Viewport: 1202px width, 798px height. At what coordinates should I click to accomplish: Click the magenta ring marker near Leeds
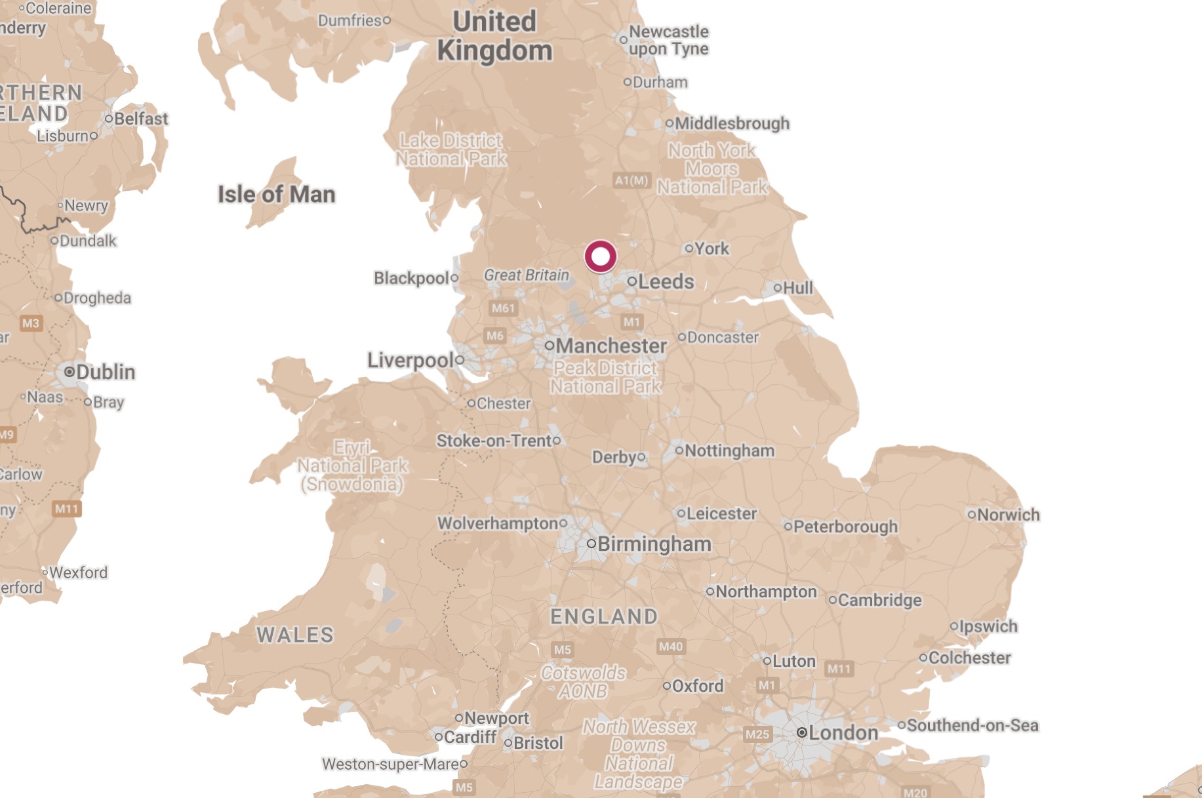click(600, 256)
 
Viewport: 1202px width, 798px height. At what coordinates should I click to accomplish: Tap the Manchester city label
click(611, 346)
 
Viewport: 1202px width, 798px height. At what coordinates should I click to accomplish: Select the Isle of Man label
click(276, 194)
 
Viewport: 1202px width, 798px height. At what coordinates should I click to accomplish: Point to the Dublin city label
click(105, 372)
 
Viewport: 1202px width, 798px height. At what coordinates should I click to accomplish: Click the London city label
click(843, 732)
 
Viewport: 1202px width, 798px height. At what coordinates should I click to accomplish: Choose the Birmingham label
click(654, 544)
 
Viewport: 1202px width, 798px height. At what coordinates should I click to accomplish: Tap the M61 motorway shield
click(503, 308)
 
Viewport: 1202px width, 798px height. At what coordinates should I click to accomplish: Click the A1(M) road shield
click(631, 180)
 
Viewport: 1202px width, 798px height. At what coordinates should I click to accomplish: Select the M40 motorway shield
click(671, 647)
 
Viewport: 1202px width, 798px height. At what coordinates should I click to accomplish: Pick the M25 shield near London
click(757, 734)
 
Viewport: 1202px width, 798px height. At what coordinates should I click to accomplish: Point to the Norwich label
click(1008, 515)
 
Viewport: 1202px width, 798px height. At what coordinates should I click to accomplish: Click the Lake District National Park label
click(451, 150)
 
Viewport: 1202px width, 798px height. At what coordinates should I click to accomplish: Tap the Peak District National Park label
click(605, 377)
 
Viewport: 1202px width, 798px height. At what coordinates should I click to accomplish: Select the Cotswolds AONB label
click(583, 682)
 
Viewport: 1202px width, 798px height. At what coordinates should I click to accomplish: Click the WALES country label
click(294, 635)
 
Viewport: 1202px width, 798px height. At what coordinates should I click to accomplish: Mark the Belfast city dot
click(109, 119)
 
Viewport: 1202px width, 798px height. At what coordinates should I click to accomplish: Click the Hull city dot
click(778, 287)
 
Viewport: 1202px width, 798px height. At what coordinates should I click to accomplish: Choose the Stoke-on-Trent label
click(494, 441)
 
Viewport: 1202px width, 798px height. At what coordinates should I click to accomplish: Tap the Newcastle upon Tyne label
click(668, 40)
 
